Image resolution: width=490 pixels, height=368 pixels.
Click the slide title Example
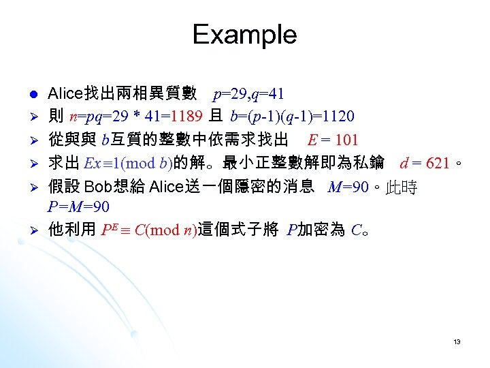pyautogui.click(x=244, y=34)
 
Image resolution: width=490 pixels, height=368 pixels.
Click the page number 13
pyautogui.click(x=457, y=341)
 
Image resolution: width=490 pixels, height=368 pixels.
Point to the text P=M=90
pyautogui.click(x=79, y=206)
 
